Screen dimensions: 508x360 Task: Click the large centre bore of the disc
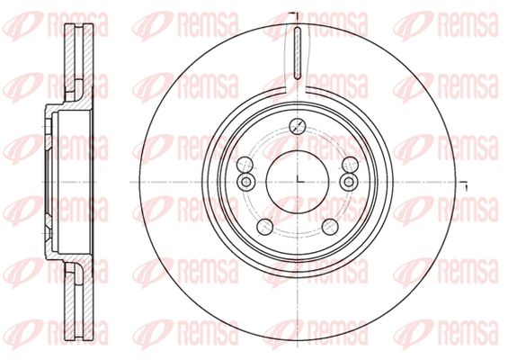click(x=298, y=182)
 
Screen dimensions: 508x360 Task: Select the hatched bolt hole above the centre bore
click(x=298, y=126)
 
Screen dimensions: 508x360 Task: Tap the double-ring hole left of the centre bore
click(x=245, y=181)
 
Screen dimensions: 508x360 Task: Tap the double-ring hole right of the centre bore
click(x=349, y=181)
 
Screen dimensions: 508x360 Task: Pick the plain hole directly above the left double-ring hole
click(x=245, y=165)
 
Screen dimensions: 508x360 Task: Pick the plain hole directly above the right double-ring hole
click(x=351, y=165)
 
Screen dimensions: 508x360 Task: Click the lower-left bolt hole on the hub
click(x=264, y=227)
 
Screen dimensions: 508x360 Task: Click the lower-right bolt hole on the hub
click(x=330, y=227)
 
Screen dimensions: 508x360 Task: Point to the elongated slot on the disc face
click(x=298, y=53)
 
